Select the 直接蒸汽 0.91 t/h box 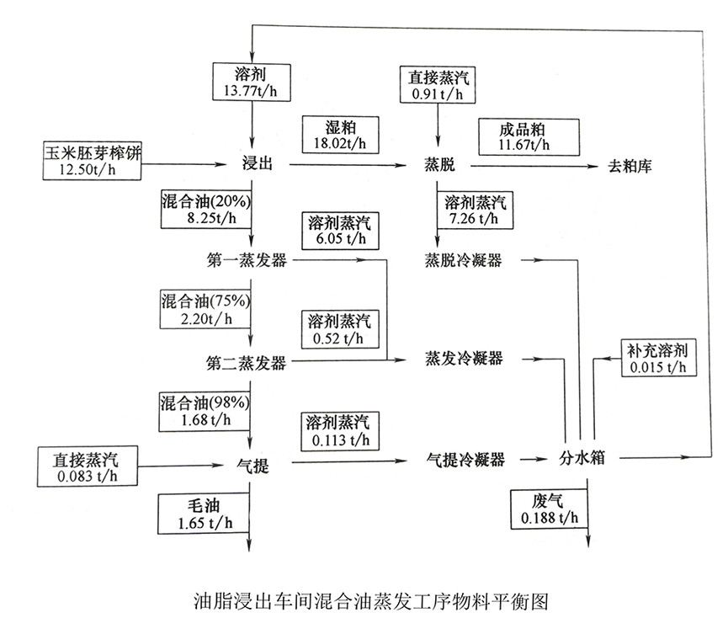(x=437, y=86)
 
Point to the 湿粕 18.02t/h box (x=340, y=134)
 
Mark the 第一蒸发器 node (x=246, y=260)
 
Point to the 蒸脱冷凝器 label (x=464, y=260)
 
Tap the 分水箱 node (x=582, y=459)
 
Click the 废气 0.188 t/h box (x=548, y=508)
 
